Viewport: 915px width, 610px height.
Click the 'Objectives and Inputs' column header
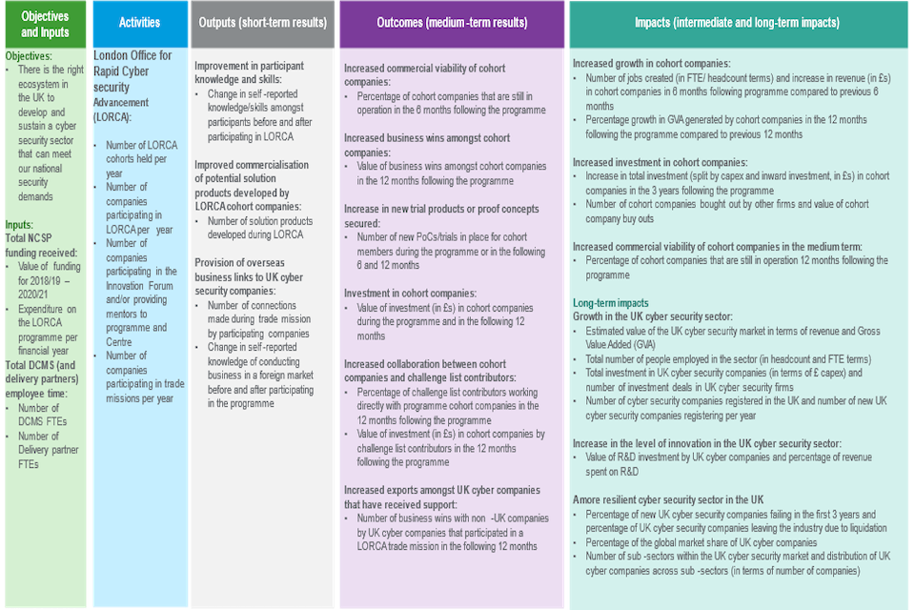click(x=45, y=24)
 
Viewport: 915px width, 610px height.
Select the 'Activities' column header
click(x=138, y=24)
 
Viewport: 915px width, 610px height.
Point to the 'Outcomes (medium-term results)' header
click(x=451, y=24)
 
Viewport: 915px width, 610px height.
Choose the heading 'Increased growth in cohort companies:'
click(x=664, y=63)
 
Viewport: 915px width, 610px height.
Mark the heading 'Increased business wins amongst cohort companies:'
click(x=426, y=145)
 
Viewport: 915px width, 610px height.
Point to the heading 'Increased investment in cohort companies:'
click(x=660, y=163)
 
